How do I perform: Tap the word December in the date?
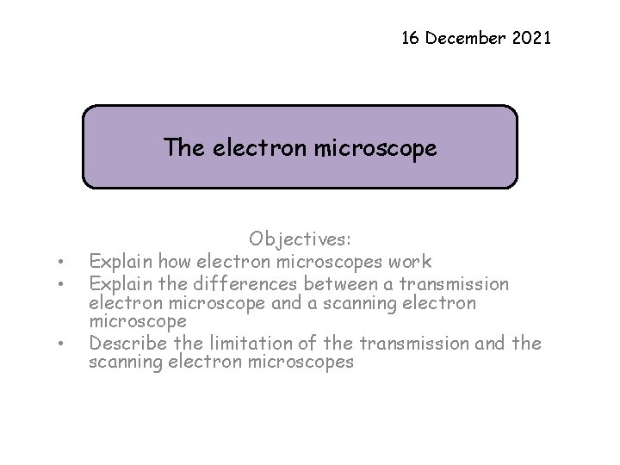coord(470,38)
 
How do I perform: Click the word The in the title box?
coord(183,148)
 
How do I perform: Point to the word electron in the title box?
coord(250,148)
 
